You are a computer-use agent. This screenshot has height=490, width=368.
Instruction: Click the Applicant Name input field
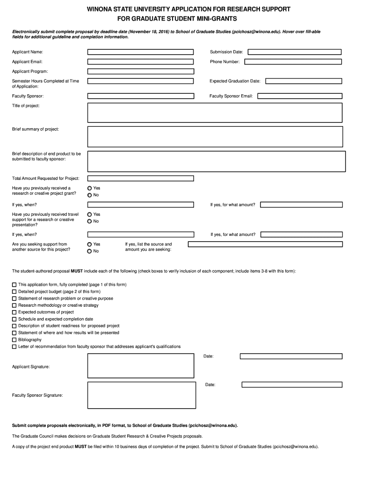pyautogui.click(x=141, y=52)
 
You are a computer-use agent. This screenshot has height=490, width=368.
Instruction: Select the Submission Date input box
pyautogui.click(x=294, y=52)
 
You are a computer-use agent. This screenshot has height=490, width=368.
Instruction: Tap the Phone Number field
pyautogui.click(x=293, y=62)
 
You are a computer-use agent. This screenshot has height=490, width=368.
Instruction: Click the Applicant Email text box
pyautogui.click(x=141, y=62)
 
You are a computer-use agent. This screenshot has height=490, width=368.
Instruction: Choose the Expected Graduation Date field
pyautogui.click(x=303, y=81)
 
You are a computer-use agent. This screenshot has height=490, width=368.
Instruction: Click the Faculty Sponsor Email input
pyautogui.click(x=300, y=96)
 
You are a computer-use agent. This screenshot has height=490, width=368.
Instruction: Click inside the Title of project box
pyautogui.click(x=215, y=112)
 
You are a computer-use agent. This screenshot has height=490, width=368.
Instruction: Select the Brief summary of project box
pyautogui.click(x=215, y=136)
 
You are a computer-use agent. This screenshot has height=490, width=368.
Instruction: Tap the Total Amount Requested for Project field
pyautogui.click(x=141, y=178)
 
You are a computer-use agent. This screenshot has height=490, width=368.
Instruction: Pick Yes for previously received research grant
pyautogui.click(x=89, y=188)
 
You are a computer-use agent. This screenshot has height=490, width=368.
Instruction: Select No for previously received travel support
pyautogui.click(x=89, y=221)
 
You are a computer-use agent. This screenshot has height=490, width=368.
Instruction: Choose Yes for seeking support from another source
pyautogui.click(x=89, y=244)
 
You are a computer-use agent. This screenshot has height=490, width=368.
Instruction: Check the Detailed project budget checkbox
pyautogui.click(x=14, y=291)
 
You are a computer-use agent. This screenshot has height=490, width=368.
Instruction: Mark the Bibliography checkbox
pyautogui.click(x=14, y=340)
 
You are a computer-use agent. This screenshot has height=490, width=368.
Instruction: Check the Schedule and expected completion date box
pyautogui.click(x=14, y=319)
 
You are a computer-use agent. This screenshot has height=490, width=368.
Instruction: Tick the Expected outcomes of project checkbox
pyautogui.click(x=14, y=312)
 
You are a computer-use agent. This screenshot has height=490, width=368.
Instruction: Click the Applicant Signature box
pyautogui.click(x=141, y=366)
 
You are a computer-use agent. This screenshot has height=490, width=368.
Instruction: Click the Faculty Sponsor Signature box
pyautogui.click(x=141, y=395)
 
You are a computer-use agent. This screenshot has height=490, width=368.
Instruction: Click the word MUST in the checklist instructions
pyautogui.click(x=76, y=271)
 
